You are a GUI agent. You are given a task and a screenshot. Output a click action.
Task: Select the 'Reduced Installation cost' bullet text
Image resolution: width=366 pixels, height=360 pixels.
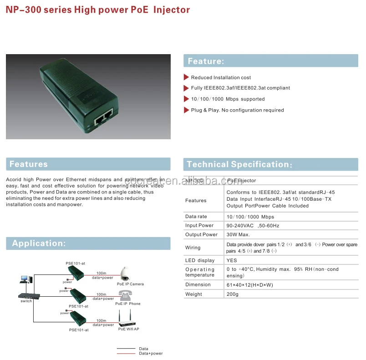(221, 77)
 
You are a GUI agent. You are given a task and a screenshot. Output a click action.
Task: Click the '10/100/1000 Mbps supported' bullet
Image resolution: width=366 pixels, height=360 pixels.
(228, 99)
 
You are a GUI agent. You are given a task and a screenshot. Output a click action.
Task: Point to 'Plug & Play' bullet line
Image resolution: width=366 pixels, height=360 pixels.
(237, 110)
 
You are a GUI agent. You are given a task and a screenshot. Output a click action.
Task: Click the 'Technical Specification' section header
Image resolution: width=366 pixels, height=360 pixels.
(239, 164)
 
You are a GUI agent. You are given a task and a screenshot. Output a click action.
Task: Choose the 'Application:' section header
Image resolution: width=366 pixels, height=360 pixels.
(39, 243)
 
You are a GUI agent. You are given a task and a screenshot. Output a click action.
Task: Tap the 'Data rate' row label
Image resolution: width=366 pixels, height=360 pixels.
(196, 217)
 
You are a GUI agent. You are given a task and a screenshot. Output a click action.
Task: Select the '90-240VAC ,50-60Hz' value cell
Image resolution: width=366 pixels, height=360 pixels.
(253, 225)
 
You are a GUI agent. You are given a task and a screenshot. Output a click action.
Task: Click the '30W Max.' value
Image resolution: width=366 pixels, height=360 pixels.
(238, 234)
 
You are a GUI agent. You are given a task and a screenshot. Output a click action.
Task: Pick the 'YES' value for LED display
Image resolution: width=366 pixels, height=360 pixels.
(232, 260)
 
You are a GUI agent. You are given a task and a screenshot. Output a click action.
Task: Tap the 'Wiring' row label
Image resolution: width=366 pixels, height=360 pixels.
(193, 248)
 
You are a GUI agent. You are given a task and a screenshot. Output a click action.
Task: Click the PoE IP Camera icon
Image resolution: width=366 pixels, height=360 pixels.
(126, 274)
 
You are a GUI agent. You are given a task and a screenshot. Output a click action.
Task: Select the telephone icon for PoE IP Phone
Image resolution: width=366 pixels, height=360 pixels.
(124, 295)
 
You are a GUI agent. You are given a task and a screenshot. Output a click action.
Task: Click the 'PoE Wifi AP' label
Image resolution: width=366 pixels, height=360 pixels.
(129, 329)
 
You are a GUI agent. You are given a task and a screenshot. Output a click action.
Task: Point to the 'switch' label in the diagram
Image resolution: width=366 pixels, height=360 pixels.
(26, 301)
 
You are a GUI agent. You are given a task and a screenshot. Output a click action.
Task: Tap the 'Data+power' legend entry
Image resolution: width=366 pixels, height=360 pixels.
(151, 354)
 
